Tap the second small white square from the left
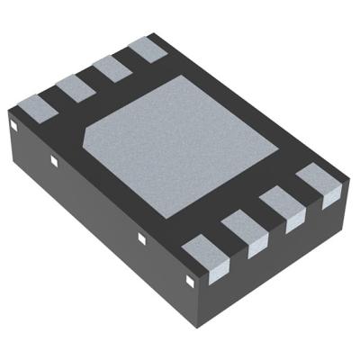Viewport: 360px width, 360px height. tap(54, 161)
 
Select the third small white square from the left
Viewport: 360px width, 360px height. tap(140, 238)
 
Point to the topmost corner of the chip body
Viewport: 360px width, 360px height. tap(150, 33)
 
